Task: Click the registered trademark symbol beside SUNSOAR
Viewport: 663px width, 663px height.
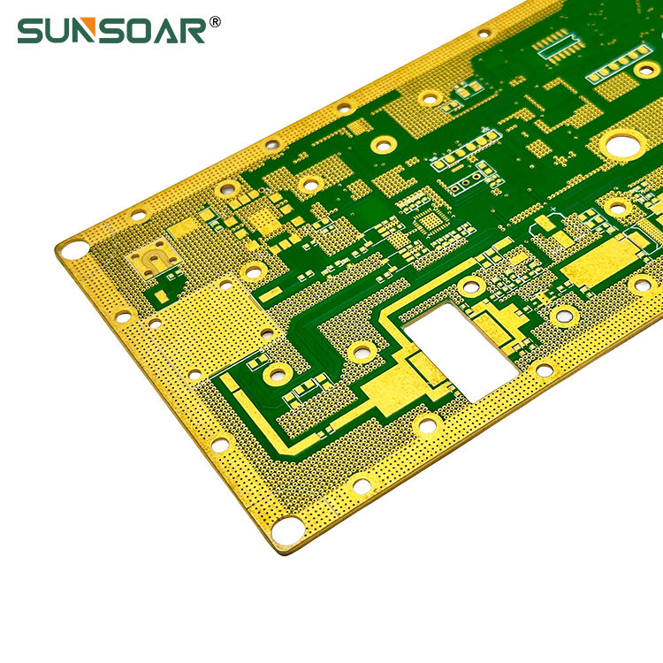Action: pos(215,21)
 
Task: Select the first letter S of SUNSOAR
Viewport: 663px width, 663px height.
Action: pos(29,30)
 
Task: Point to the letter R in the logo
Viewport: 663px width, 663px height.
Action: pos(193,30)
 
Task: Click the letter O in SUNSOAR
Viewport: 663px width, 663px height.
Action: pos(140,30)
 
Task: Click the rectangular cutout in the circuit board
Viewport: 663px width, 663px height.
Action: pos(461,352)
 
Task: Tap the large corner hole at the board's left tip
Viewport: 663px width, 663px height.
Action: pos(73,249)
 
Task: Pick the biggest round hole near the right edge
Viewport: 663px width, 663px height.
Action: pos(623,146)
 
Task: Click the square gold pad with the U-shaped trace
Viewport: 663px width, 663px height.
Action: pos(155,258)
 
